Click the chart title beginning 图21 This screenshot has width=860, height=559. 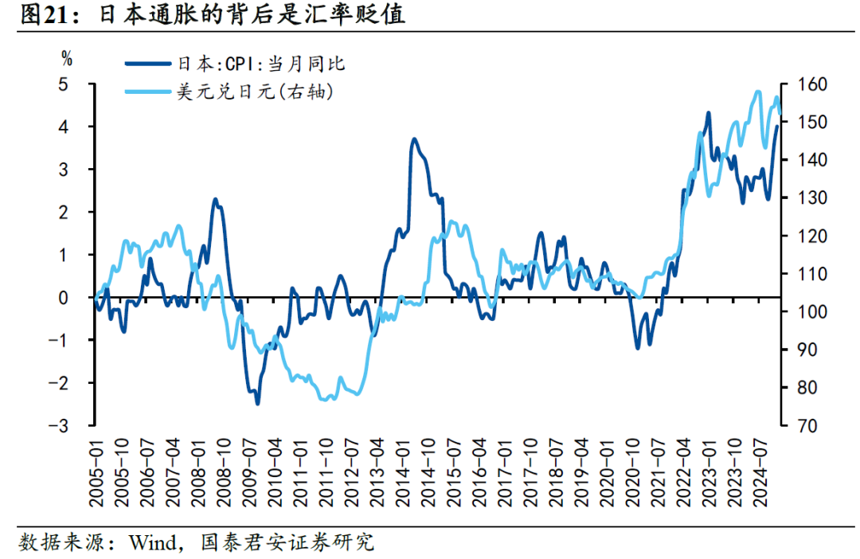coord(212,15)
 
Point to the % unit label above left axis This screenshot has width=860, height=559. coord(68,57)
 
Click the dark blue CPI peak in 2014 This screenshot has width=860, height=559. coord(414,139)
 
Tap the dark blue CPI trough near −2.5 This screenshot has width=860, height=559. coord(257,404)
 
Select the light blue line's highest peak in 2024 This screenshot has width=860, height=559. coord(758,92)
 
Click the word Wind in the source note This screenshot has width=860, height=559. coord(147,543)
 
